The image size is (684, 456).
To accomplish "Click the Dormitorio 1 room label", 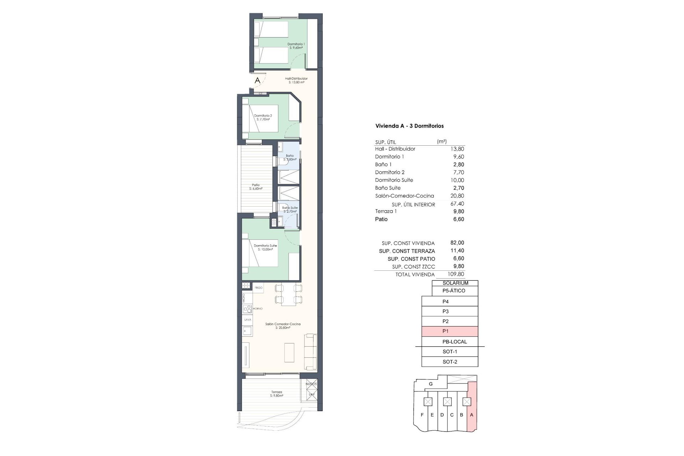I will tap(296, 46).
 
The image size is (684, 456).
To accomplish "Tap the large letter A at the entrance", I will tap(258, 81).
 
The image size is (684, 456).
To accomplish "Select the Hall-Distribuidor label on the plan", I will tap(296, 80).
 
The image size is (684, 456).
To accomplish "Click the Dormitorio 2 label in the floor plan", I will tap(263, 117).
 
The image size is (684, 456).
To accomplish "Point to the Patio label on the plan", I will tap(256, 187).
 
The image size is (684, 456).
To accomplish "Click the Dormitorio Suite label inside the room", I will tap(265, 247).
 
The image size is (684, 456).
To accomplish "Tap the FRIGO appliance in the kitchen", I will tap(258, 287).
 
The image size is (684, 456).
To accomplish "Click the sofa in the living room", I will tap(310, 352).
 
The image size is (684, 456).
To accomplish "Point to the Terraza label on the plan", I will tap(276, 394).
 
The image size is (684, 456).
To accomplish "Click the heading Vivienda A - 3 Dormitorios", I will tap(409, 126).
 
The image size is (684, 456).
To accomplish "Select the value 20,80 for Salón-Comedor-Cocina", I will tap(457, 196).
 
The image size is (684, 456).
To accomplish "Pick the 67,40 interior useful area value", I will tap(457, 204).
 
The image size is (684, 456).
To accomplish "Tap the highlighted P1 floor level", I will tap(450, 331).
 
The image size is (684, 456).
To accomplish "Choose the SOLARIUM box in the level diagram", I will tap(455, 283).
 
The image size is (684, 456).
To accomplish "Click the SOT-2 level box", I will tap(450, 362).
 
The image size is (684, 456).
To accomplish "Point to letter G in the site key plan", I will tap(431, 384).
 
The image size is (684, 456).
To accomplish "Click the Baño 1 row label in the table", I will tap(383, 164).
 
